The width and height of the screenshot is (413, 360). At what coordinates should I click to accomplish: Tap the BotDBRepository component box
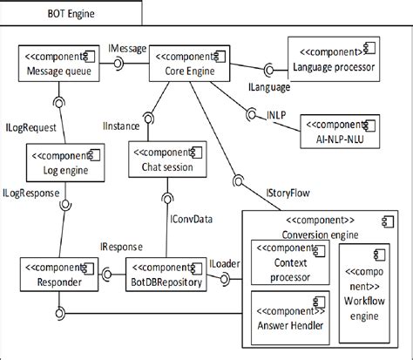pos(166,275)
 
